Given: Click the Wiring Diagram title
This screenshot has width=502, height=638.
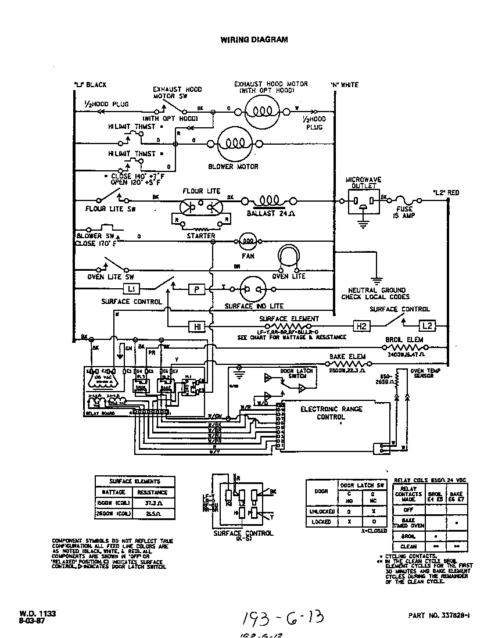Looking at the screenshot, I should tap(254, 40).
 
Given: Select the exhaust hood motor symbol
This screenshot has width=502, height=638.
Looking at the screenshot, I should tap(261, 109).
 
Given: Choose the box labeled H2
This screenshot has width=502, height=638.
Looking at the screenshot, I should tap(361, 327).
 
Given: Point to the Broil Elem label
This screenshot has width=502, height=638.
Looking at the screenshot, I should tap(404, 339).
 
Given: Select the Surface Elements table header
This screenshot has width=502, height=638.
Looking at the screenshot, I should tap(135, 481).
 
